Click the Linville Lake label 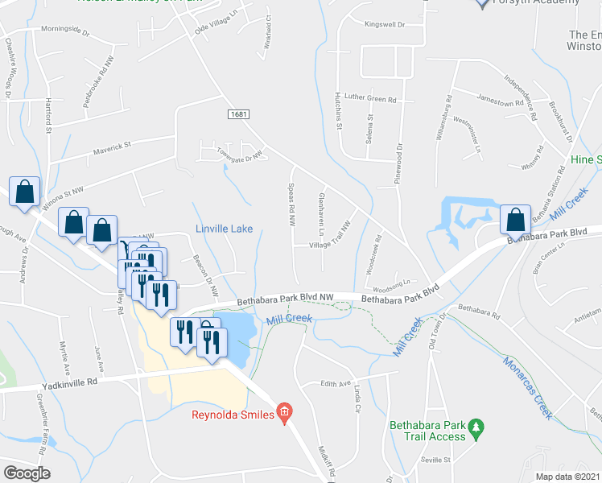tap(224, 229)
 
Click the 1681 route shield tap(237, 114)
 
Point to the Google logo tap(27, 473)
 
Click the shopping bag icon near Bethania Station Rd tap(514, 220)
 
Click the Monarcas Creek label tap(527, 386)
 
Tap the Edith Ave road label tap(337, 384)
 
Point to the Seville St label tap(438, 460)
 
